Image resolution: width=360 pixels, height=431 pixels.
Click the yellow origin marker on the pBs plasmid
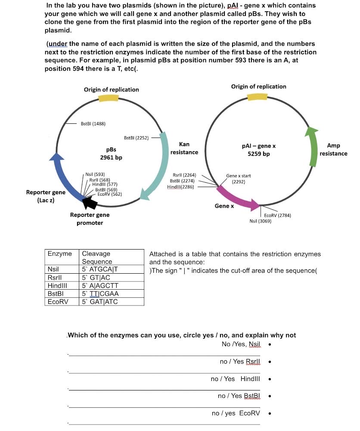click(109, 98)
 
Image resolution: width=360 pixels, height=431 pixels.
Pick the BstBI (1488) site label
click(93, 124)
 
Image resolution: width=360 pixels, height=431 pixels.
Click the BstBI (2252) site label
click(136, 138)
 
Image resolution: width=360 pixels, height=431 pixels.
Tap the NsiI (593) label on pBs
click(95, 174)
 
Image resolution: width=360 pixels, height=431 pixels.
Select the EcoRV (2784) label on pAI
click(277, 215)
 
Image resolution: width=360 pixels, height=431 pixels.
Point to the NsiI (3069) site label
click(260, 221)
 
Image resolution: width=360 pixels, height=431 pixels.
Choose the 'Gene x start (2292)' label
click(238, 179)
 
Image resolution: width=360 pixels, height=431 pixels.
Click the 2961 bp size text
click(111, 157)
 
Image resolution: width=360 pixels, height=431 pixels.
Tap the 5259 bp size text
click(259, 154)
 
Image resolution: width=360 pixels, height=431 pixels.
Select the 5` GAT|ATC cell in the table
click(100, 302)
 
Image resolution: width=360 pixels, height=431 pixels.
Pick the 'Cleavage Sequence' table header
click(97, 257)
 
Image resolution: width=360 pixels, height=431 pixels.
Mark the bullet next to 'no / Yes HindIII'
click(269, 379)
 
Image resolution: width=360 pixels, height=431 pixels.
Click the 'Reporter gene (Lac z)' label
click(46, 197)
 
